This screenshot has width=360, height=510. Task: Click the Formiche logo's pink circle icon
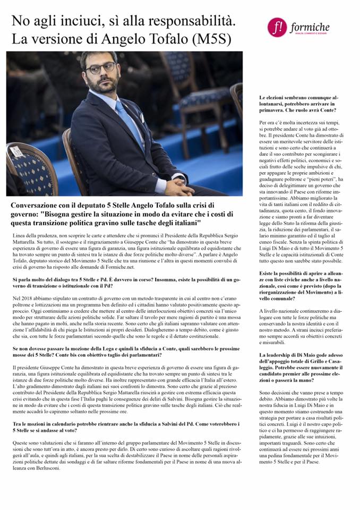click(277, 27)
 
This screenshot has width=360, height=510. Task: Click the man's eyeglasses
click(100, 68)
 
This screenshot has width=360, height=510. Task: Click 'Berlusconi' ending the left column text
click(47, 469)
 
